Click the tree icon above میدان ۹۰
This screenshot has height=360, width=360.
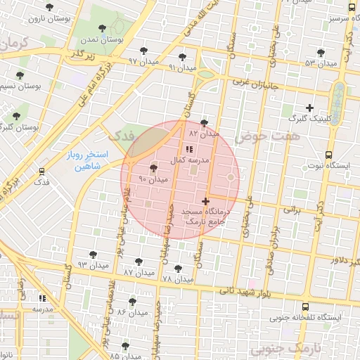pos(154,167)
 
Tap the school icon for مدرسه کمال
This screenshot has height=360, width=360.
pos(188,149)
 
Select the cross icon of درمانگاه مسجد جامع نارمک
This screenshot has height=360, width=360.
pos(205,201)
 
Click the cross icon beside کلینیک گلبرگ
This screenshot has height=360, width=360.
pos(309,108)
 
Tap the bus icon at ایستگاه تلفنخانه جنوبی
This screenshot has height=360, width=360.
pos(304,307)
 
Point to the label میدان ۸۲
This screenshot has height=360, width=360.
pos(204,133)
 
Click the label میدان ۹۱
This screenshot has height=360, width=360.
pos(182,67)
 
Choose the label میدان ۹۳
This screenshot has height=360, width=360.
pos(91,264)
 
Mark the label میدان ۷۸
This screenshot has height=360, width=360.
pos(177,279)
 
